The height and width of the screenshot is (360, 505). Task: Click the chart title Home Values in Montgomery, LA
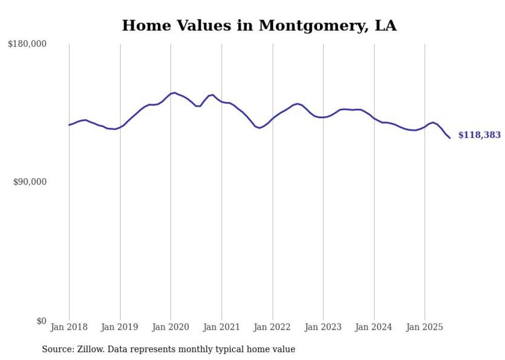(259, 26)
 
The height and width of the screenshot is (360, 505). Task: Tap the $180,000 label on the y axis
(27, 44)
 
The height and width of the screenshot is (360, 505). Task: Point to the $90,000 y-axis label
(30, 182)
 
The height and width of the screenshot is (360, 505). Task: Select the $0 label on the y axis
(41, 321)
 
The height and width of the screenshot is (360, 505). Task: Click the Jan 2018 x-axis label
(69, 327)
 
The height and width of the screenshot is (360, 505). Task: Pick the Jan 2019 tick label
(120, 327)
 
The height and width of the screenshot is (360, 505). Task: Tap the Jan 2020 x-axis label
(171, 327)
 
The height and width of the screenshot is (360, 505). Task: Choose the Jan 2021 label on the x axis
(222, 327)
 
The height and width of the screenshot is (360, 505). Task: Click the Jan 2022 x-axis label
(273, 327)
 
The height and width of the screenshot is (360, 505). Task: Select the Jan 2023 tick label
(323, 327)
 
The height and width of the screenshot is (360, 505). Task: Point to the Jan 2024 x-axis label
(374, 327)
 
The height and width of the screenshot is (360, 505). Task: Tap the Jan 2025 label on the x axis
(425, 327)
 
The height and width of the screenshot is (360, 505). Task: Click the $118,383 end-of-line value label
(479, 135)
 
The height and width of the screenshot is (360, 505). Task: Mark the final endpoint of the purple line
(450, 138)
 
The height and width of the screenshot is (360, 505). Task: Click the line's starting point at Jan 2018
(69, 125)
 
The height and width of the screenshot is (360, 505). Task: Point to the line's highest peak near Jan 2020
(175, 93)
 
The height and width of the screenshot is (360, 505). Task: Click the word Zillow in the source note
(84, 349)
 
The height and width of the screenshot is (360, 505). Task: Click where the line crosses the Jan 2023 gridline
(323, 117)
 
